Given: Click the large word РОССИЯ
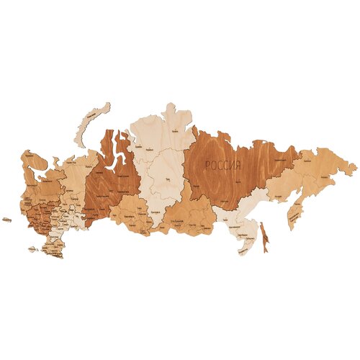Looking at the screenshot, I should click(x=223, y=165).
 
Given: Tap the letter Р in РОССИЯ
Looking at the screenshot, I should click(x=207, y=165).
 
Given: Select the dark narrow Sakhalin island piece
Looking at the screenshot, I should click(x=264, y=235).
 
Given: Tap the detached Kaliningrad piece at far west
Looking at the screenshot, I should click(x=6, y=220).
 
